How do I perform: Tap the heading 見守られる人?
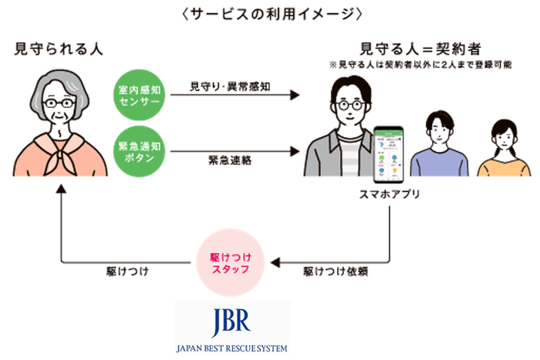pyautogui.click(x=59, y=49)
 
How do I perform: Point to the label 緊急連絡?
pyautogui.click(x=227, y=161)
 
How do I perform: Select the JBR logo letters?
pyautogui.click(x=231, y=321)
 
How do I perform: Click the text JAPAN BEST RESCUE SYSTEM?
pyautogui.click(x=231, y=348)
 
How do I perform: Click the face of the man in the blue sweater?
pyautogui.click(x=437, y=128)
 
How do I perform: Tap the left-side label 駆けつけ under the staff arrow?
pyautogui.click(x=126, y=271)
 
